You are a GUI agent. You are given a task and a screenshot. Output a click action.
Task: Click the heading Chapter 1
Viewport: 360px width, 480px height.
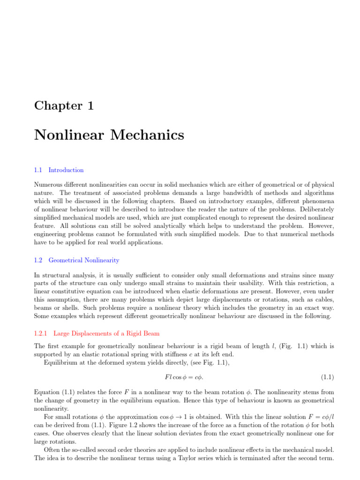pos(64,105)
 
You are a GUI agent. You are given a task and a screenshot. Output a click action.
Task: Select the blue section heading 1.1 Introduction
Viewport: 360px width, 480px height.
pos(59,170)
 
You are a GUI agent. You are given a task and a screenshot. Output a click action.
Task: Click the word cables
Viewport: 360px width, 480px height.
pos(323,298)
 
